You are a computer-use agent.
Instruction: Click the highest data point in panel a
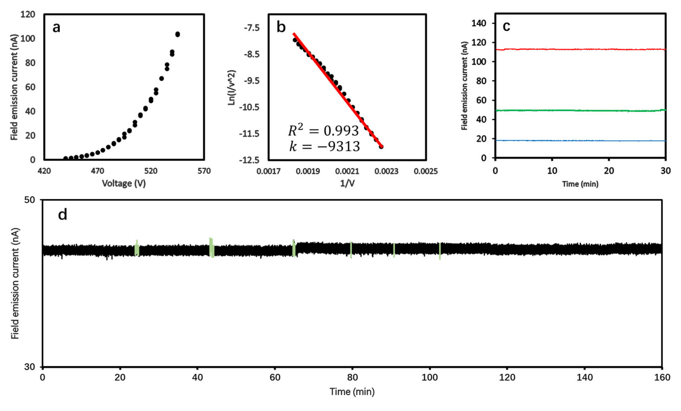point(178,34)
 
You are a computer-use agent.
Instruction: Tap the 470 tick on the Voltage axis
point(97,171)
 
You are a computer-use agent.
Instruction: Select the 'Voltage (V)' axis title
point(124,183)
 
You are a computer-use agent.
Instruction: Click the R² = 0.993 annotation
point(323,130)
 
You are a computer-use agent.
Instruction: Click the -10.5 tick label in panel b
point(251,107)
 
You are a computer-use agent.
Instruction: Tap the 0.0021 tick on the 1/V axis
point(347,171)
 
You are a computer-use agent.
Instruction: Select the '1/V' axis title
point(347,183)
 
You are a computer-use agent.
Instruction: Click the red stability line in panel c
point(580,49)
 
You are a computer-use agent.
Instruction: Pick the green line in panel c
point(580,110)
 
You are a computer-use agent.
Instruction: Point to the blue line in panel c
point(580,141)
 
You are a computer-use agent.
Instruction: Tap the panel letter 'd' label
point(63,215)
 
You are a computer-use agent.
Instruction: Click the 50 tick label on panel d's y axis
point(30,200)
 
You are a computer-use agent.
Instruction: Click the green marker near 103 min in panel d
point(440,251)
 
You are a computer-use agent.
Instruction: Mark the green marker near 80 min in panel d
point(351,250)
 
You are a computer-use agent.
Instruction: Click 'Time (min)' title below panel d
point(352,392)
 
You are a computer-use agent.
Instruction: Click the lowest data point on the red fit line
point(381,146)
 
